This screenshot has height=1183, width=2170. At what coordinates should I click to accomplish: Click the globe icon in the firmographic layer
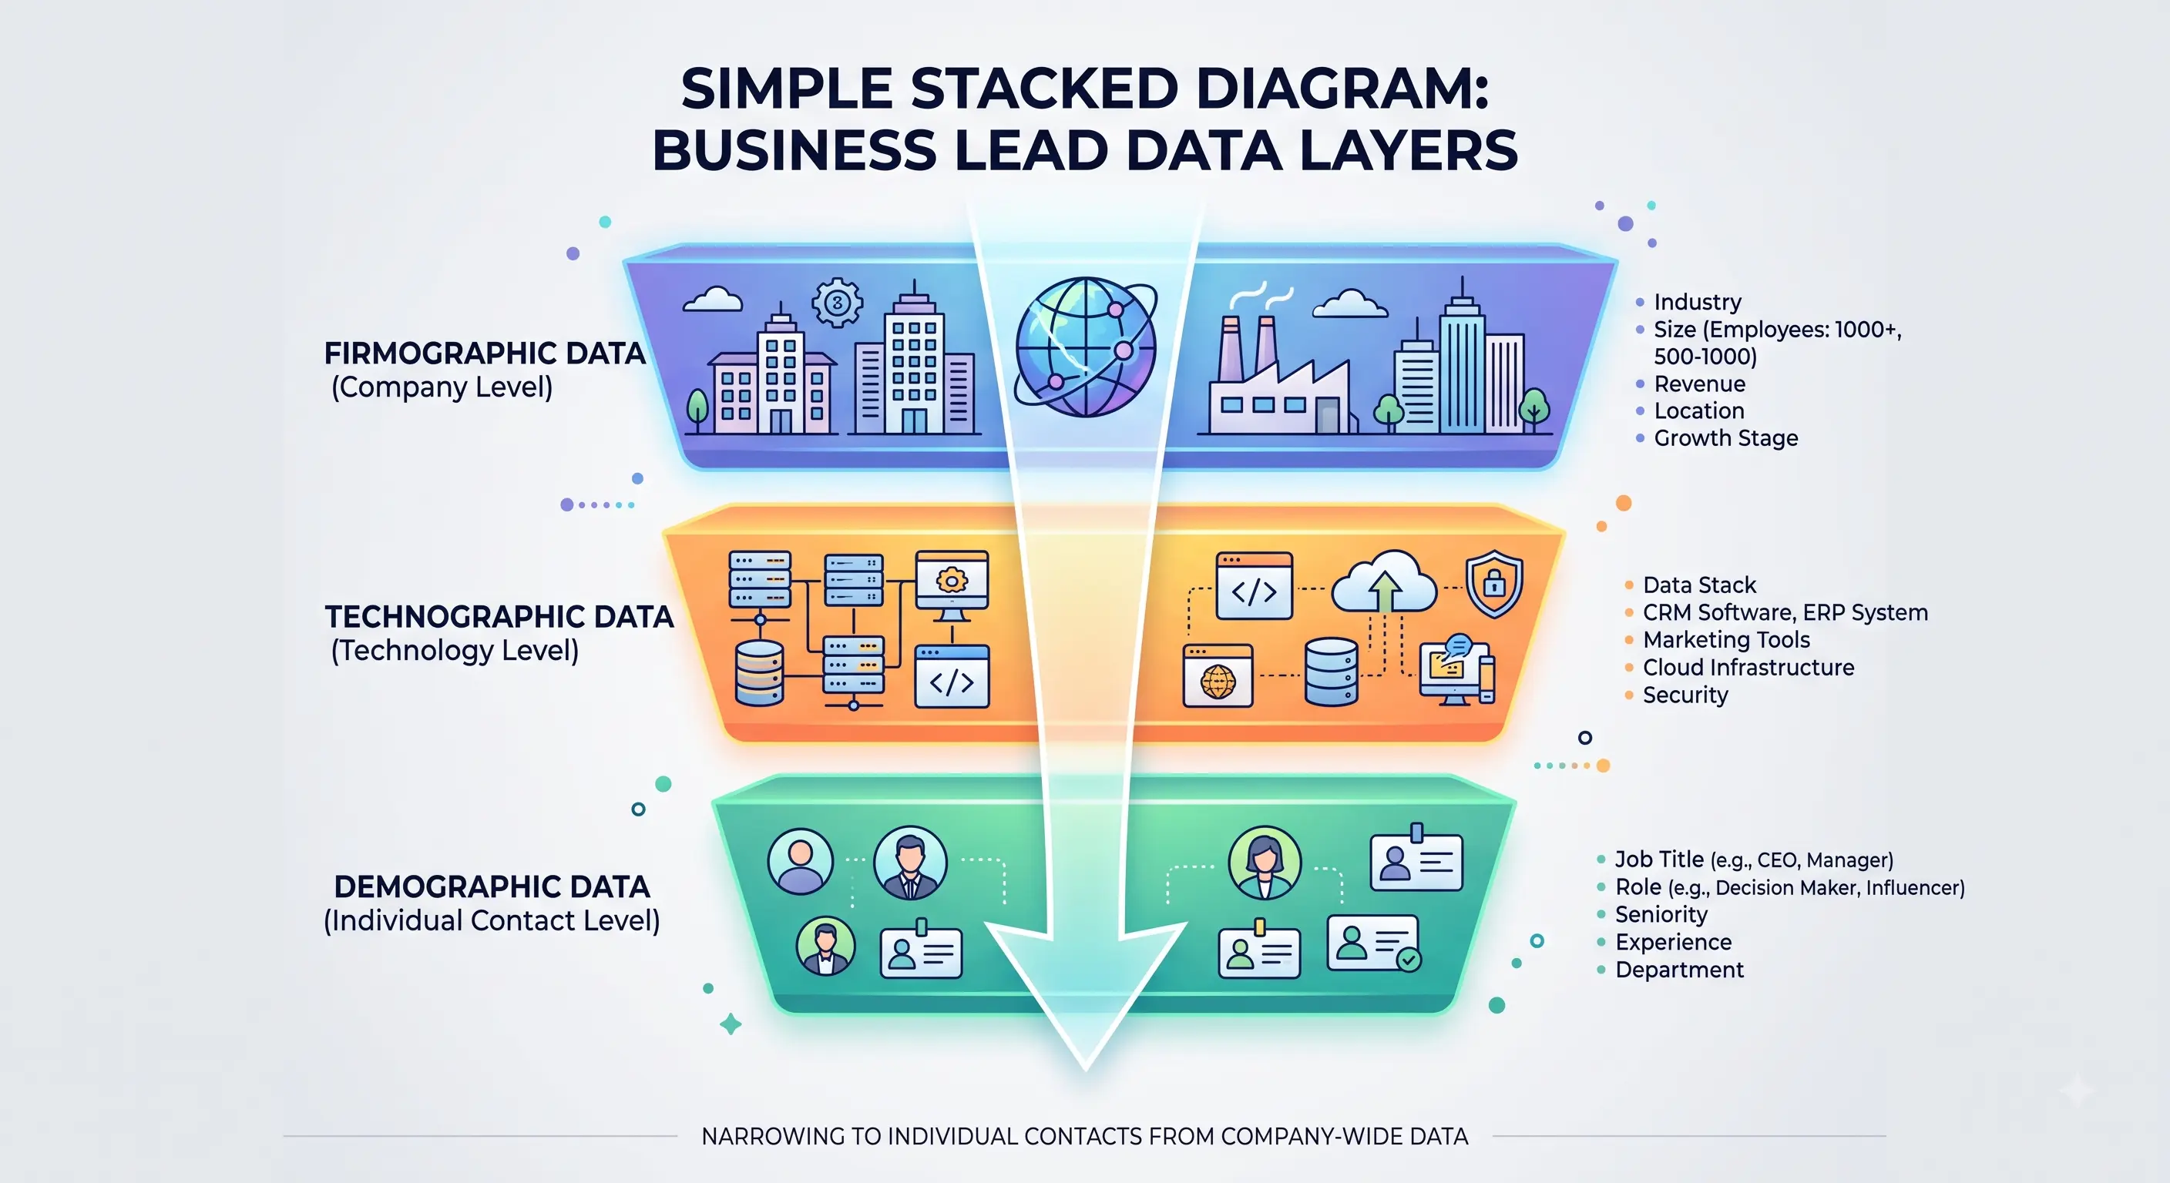pyautogui.click(x=1085, y=347)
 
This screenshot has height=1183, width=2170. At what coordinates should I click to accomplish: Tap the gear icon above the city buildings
pyautogui.click(x=837, y=302)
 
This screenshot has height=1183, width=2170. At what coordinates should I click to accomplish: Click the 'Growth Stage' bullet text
pyautogui.click(x=1725, y=437)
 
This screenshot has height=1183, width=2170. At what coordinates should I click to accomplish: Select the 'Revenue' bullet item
pyautogui.click(x=1699, y=384)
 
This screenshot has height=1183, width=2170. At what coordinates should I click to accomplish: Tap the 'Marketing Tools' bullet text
pyautogui.click(x=1726, y=640)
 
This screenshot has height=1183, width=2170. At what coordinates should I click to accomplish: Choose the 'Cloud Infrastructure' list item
pyautogui.click(x=1748, y=668)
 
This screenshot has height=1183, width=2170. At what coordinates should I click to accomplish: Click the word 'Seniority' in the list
pyautogui.click(x=1661, y=914)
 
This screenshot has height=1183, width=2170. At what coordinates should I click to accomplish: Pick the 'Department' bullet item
pyautogui.click(x=1679, y=969)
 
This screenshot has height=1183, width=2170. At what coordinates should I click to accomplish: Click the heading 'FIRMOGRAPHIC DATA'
pyautogui.click(x=485, y=353)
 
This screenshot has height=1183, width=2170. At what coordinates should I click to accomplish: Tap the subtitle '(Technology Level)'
pyautogui.click(x=455, y=650)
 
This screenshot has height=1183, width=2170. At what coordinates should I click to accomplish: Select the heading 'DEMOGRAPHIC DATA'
pyautogui.click(x=492, y=886)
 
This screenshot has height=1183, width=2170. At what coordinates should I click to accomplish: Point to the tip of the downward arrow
pyautogui.click(x=1086, y=1069)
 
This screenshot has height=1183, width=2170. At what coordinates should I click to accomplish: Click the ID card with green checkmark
pyautogui.click(x=1374, y=943)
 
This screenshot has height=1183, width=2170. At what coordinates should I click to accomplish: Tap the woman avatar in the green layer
pyautogui.click(x=1265, y=862)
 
